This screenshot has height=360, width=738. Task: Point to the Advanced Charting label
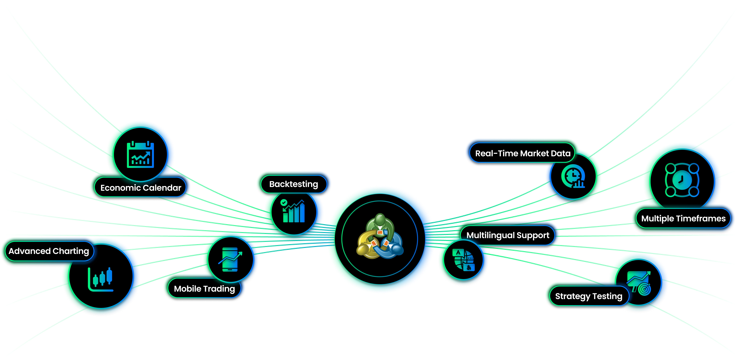49,251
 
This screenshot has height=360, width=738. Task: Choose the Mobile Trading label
204,289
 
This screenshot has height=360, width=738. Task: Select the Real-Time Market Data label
523,153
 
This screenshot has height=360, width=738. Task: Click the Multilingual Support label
508,235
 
